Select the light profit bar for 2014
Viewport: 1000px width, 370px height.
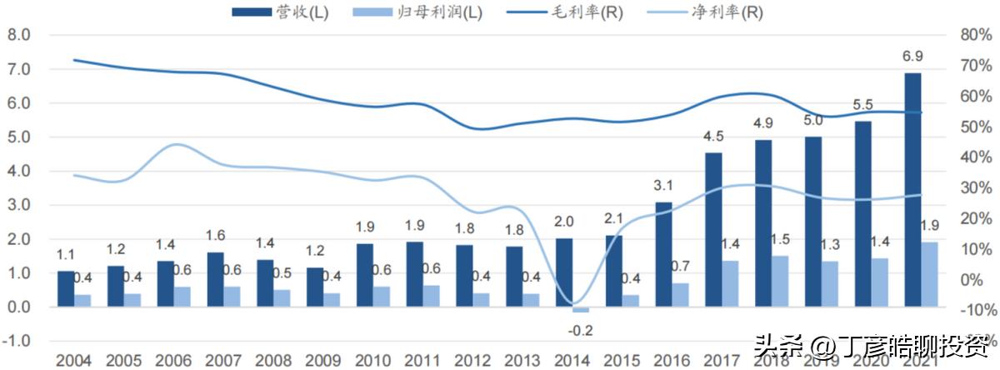580,310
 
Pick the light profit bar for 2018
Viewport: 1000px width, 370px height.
780,282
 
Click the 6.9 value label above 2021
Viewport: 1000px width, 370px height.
913,57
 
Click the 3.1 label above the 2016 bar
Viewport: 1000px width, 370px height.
663,186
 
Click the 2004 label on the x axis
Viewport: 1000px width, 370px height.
73,361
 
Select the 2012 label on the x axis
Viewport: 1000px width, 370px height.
472,361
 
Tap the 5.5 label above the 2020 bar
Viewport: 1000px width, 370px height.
863,105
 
